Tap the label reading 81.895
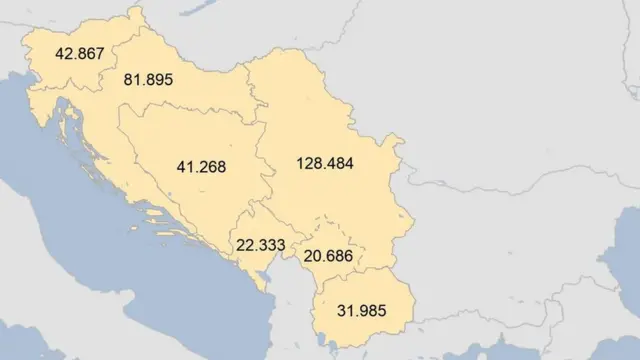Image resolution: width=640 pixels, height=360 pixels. [x=148, y=80]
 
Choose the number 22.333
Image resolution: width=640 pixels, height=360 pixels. [x=261, y=245]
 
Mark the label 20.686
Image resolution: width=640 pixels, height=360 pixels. [x=330, y=257]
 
